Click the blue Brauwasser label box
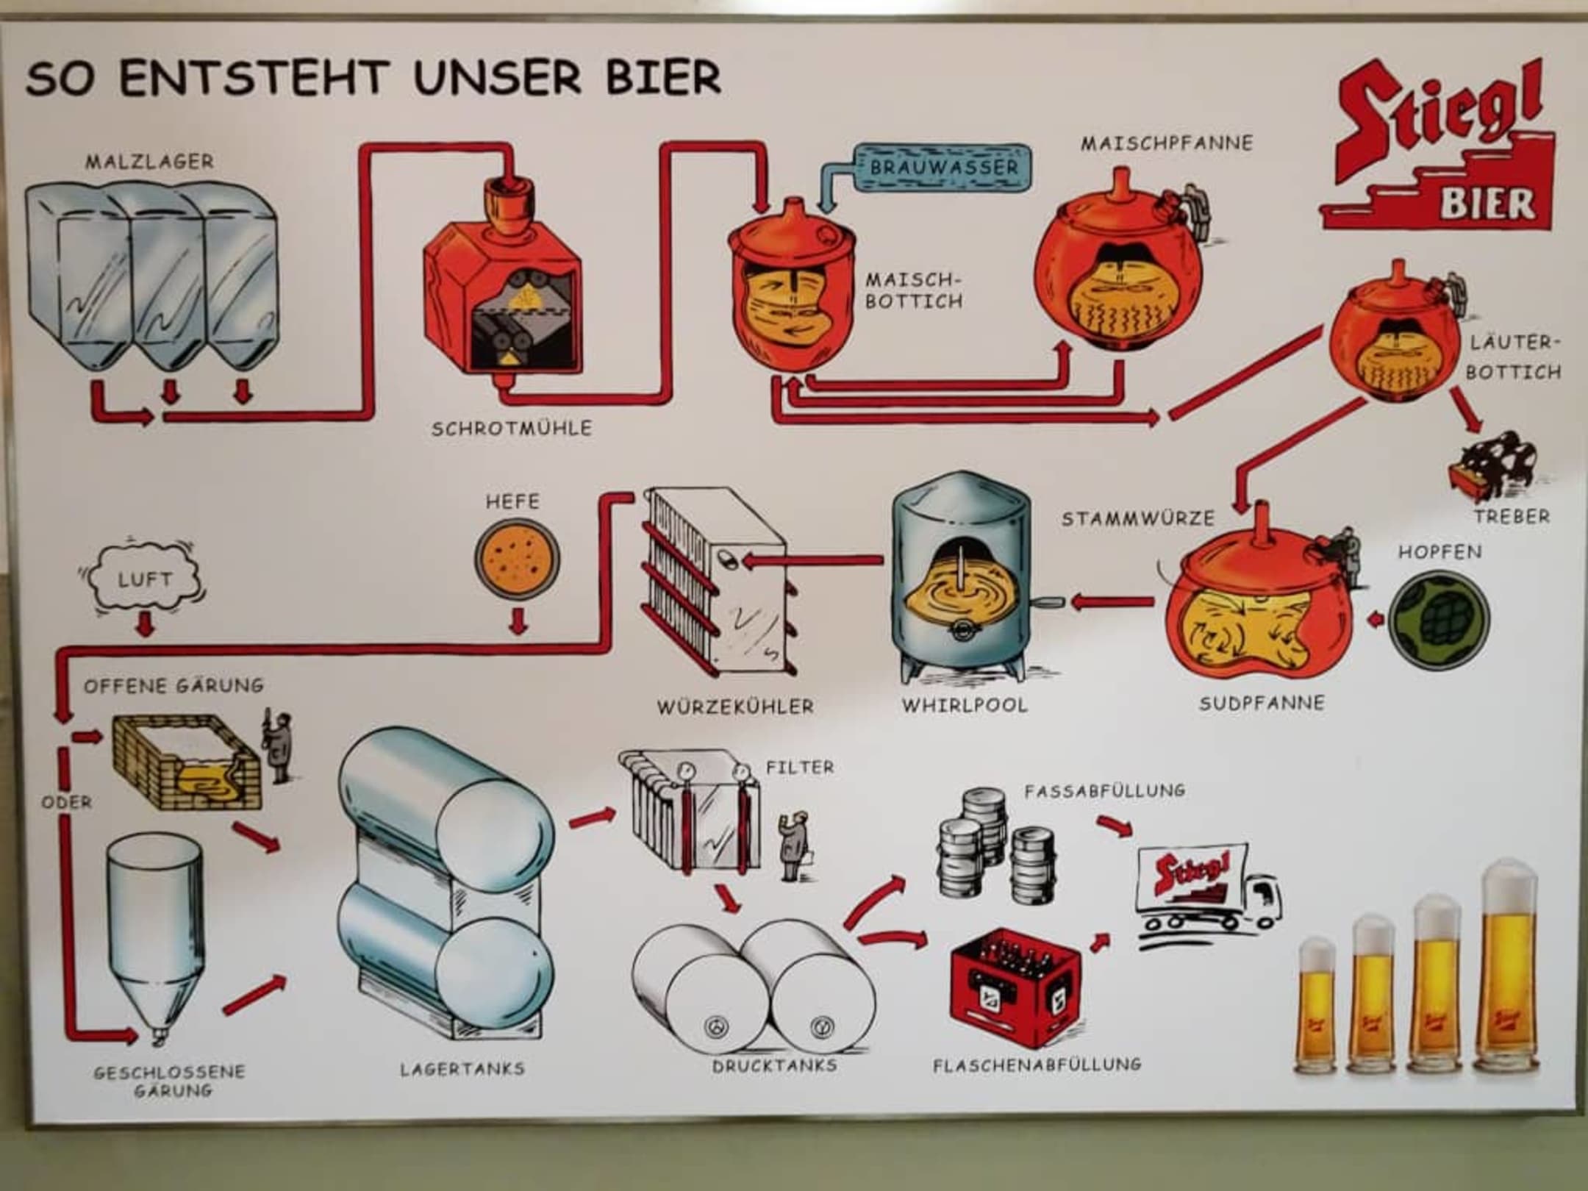click(x=944, y=168)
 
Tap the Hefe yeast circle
click(x=516, y=561)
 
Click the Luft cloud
click(x=144, y=579)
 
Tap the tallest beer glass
click(x=1506, y=970)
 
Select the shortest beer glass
click(x=1317, y=1007)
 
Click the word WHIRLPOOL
click(x=965, y=705)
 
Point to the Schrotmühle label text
click(x=511, y=428)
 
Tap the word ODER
click(x=67, y=801)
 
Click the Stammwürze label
click(x=1137, y=519)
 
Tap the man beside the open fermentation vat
click(x=278, y=746)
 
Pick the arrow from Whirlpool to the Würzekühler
click(x=812, y=561)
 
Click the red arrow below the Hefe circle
click(x=519, y=621)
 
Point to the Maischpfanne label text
click(x=1166, y=143)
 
